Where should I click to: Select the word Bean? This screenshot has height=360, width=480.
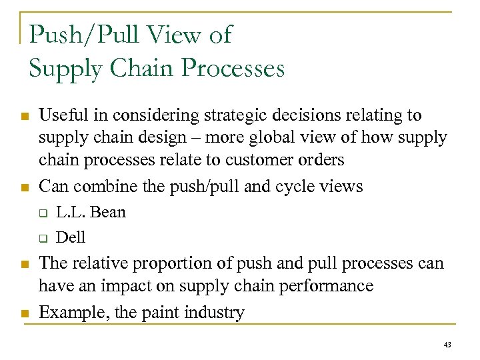[x=107, y=213]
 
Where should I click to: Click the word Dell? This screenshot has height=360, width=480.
[x=71, y=237]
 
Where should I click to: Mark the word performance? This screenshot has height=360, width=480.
[x=326, y=286]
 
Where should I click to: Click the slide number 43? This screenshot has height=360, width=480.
[x=447, y=344]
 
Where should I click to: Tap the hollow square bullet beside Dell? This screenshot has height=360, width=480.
[x=41, y=238]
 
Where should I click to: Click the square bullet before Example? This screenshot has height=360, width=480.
[x=25, y=313]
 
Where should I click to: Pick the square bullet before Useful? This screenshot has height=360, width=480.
[x=25, y=117]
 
